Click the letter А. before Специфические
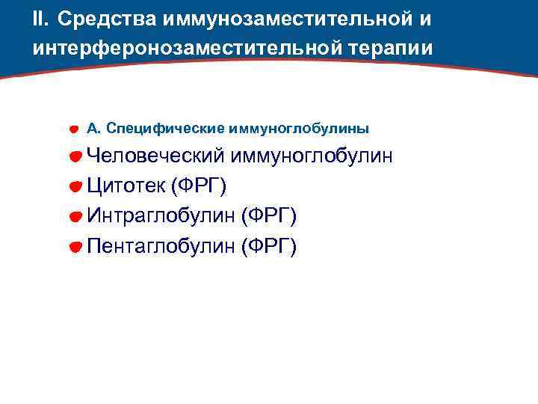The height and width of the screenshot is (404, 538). click(93, 128)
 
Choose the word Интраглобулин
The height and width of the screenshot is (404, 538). click(161, 216)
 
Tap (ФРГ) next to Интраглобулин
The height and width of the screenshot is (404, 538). click(269, 216)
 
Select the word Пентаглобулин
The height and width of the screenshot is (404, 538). click(161, 246)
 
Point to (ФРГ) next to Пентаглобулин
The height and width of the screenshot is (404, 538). click(269, 246)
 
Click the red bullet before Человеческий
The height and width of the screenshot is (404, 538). click(75, 157)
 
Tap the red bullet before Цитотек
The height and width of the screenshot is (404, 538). click(75, 187)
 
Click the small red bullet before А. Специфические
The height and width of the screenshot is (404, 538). click(75, 129)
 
